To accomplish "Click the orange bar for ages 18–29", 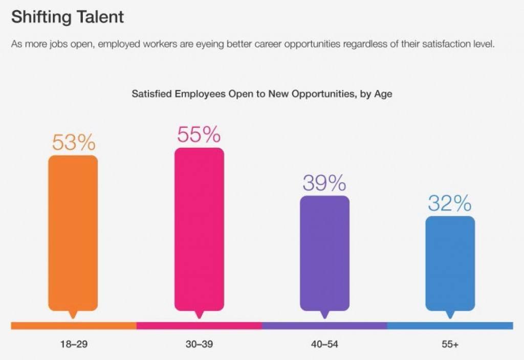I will coord(73,233).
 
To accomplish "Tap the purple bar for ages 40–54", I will coord(324,253).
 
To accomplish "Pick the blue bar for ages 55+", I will coord(450,263).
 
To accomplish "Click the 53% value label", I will coord(73,143).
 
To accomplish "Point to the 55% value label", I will coord(199,134).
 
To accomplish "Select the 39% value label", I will coord(324,183).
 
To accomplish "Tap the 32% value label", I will coord(450,204).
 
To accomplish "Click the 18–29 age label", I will coord(74,344).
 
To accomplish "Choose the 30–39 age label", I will coord(199,344).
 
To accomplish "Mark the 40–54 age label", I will coord(324,344).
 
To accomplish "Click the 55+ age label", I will coord(450,344).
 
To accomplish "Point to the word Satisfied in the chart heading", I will coord(152,94).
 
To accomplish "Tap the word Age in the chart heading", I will coord(384,95).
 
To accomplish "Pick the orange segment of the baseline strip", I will coord(74,326).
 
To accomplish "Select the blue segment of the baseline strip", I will coord(450,326).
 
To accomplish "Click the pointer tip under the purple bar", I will coord(324,316).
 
